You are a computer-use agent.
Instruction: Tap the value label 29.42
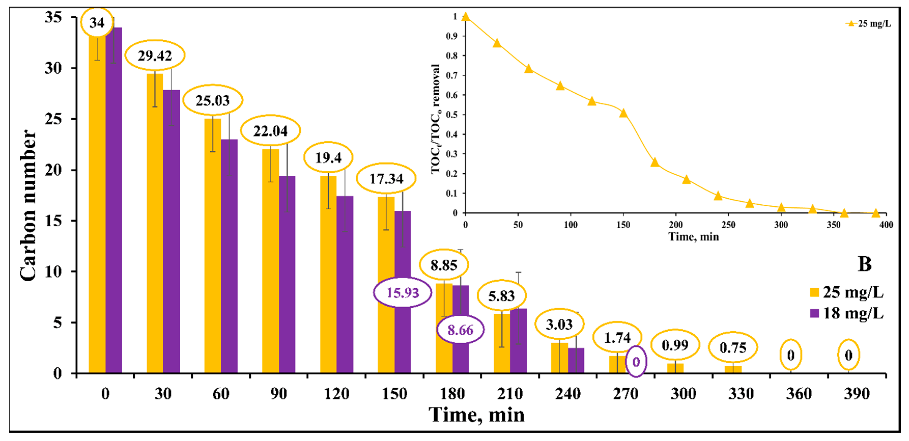[155, 55]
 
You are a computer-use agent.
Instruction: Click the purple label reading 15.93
[402, 292]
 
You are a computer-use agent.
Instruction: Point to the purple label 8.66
[460, 330]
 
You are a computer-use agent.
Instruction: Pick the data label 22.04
[270, 131]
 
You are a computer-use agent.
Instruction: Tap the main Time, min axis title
[476, 414]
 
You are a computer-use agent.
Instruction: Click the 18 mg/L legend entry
[847, 313]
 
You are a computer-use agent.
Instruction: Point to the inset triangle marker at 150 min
[623, 113]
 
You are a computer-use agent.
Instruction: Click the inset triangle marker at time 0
[465, 17]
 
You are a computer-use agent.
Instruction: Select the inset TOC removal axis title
[436, 119]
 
